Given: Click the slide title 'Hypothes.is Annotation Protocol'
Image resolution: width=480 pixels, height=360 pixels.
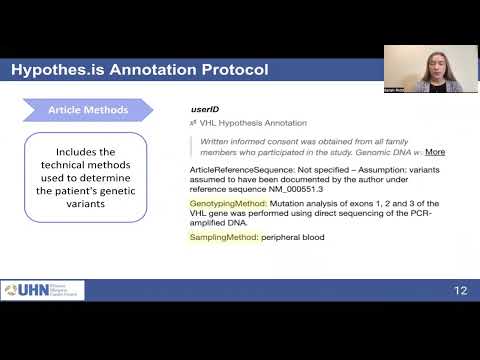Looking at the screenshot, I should point(139,70).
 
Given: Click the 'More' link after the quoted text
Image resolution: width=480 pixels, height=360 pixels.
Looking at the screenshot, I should point(435,152).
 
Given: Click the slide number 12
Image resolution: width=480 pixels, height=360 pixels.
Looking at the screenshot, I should point(460,290).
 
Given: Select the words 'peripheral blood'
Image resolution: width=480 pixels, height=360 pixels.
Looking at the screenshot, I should point(293,237).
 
